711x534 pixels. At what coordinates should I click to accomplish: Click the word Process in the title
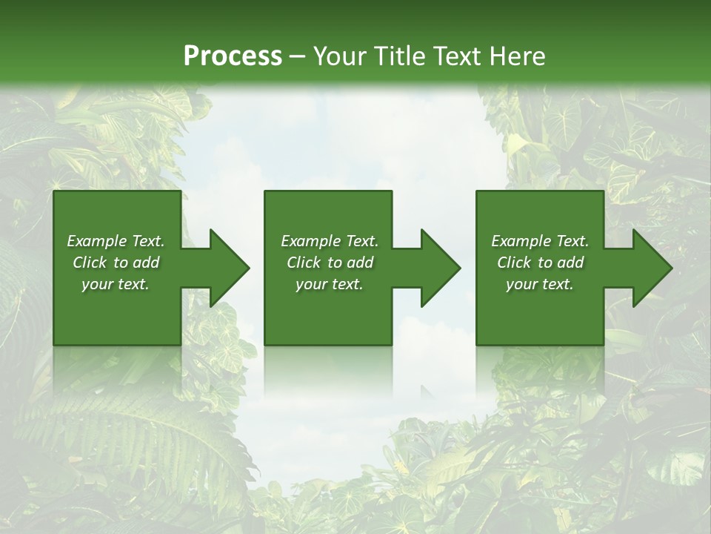(x=233, y=56)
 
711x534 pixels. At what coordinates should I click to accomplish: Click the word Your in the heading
(x=338, y=56)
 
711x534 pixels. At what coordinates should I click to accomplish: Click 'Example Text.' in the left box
(x=116, y=241)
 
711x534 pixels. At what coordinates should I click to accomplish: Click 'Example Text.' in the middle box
(x=330, y=241)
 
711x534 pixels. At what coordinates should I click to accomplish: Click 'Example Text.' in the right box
(x=540, y=241)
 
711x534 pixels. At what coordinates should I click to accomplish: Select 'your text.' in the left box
(x=116, y=284)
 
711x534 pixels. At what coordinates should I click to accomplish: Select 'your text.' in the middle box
(x=330, y=284)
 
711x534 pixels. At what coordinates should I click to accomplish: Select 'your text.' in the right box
(x=540, y=284)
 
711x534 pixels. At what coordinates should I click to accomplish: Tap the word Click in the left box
(x=90, y=263)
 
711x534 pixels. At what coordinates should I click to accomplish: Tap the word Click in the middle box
(x=304, y=263)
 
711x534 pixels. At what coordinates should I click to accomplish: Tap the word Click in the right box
(x=514, y=263)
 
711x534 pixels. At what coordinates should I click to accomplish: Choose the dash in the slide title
(x=298, y=57)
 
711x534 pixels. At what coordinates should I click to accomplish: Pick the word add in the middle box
(x=360, y=263)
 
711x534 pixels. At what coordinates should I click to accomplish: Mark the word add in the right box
(x=570, y=263)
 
